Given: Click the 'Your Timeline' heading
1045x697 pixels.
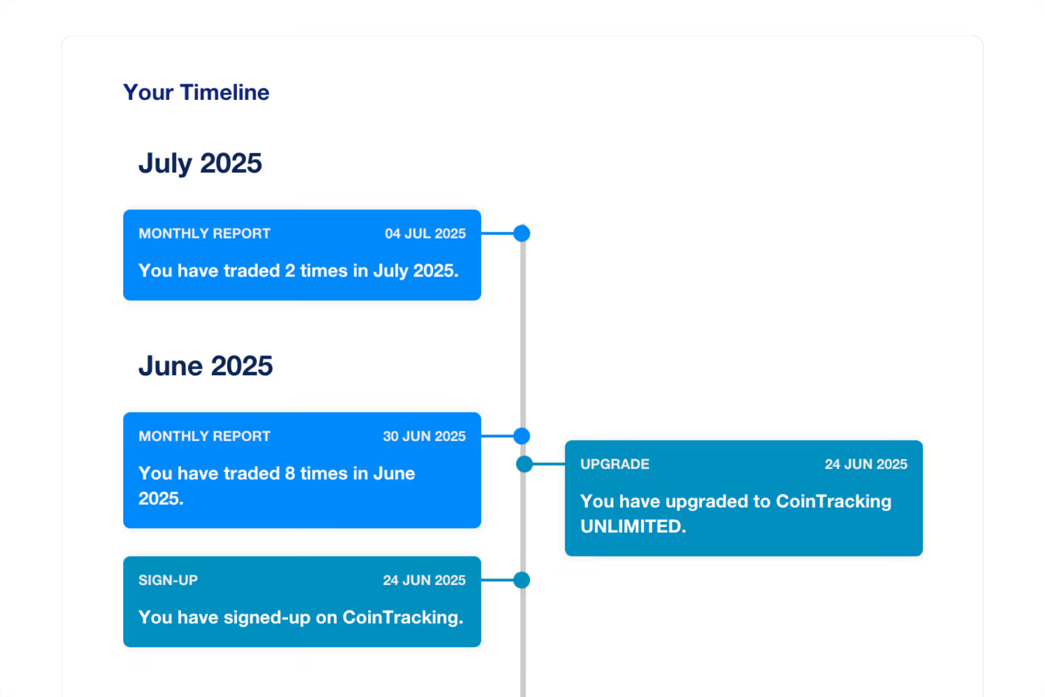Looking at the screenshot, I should click(196, 92).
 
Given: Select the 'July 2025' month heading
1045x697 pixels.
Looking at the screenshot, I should click(200, 163).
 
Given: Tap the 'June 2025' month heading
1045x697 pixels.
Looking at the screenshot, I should click(206, 366).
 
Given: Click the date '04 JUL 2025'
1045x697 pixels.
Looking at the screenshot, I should click(425, 233).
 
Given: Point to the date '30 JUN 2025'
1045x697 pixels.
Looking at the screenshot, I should click(424, 436).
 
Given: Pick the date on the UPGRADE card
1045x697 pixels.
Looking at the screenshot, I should click(866, 464).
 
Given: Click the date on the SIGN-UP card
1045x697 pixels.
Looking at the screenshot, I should click(424, 580).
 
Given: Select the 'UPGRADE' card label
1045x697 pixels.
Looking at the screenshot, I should click(615, 464).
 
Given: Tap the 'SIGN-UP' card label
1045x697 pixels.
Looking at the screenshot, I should click(168, 580).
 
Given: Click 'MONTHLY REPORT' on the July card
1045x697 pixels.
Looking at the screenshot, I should click(204, 233).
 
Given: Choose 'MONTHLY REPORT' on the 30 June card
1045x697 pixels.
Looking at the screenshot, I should click(204, 436).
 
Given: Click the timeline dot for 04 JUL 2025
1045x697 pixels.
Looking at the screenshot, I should click(522, 233).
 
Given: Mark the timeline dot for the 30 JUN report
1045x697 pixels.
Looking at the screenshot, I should click(522, 436).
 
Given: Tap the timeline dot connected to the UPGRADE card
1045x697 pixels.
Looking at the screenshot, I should click(524, 464).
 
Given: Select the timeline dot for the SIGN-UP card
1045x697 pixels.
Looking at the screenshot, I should click(522, 580).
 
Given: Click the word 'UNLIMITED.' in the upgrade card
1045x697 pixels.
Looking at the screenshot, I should click(633, 526).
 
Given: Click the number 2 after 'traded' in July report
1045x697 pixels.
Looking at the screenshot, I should click(290, 271).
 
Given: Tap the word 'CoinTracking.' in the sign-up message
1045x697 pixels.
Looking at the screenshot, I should click(403, 617).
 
